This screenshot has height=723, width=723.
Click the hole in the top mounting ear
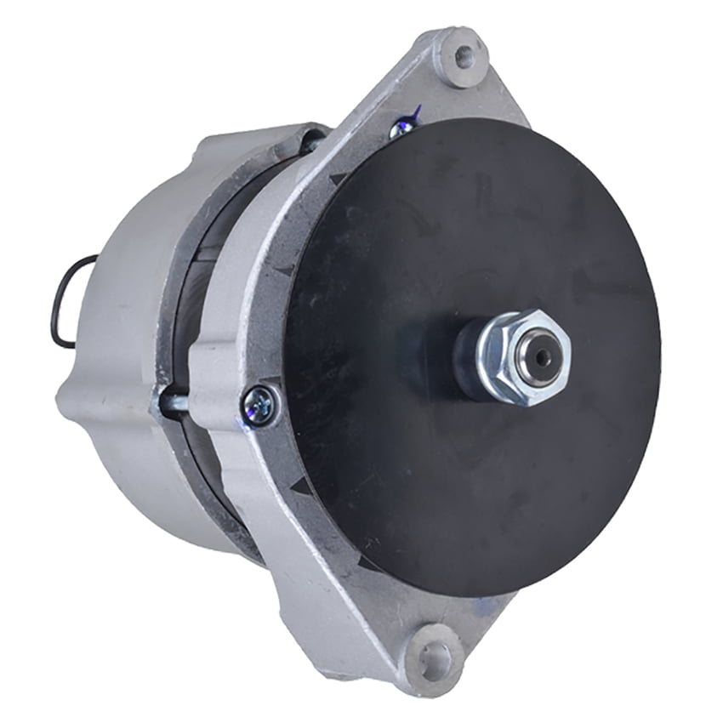tap(464, 56)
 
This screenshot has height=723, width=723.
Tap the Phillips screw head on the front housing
tap(260, 405)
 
